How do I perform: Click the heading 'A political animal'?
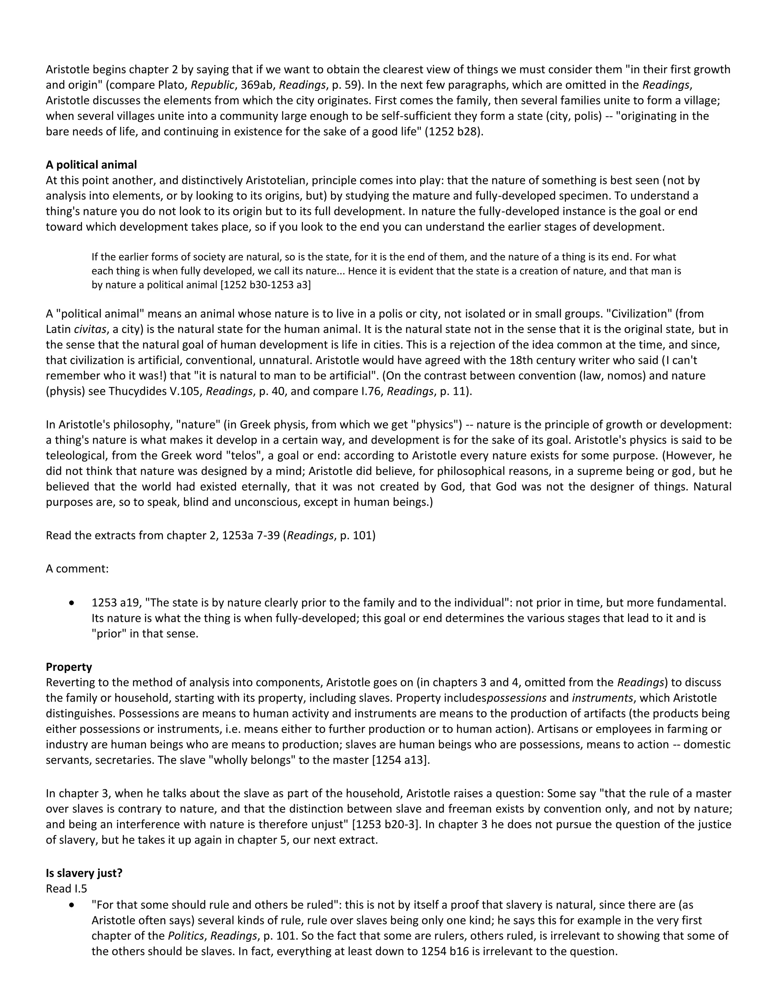click(x=91, y=164)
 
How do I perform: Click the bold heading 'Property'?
click(x=69, y=667)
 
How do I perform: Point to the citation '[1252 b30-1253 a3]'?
click(x=266, y=285)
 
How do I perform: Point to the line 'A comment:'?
click(x=77, y=568)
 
